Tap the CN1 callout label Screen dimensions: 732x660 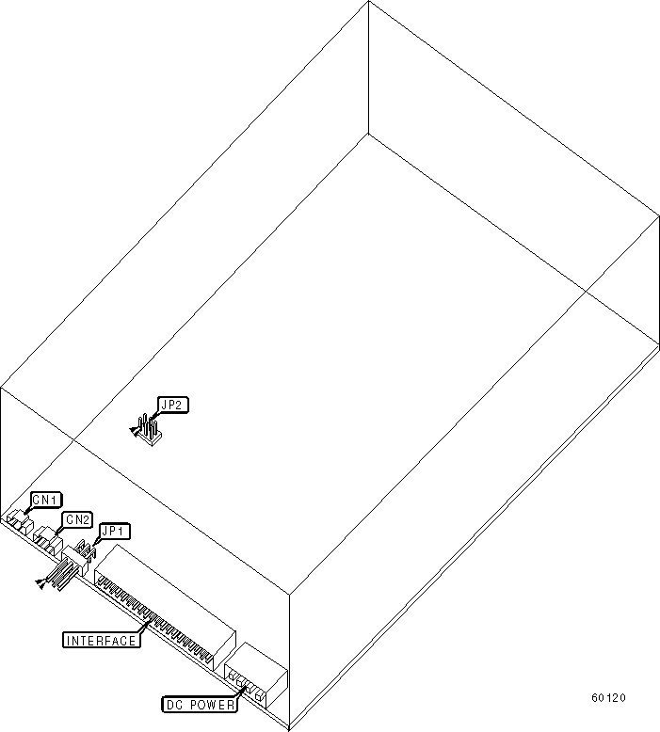coord(46,500)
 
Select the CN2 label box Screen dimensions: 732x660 coord(77,519)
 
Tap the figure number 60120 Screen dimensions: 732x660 coord(608,698)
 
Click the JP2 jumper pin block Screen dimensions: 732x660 coord(149,433)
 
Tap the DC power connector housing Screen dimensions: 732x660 coord(256,675)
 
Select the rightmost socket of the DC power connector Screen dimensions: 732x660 coord(259,697)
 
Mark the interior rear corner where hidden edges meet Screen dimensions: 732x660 coord(366,134)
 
